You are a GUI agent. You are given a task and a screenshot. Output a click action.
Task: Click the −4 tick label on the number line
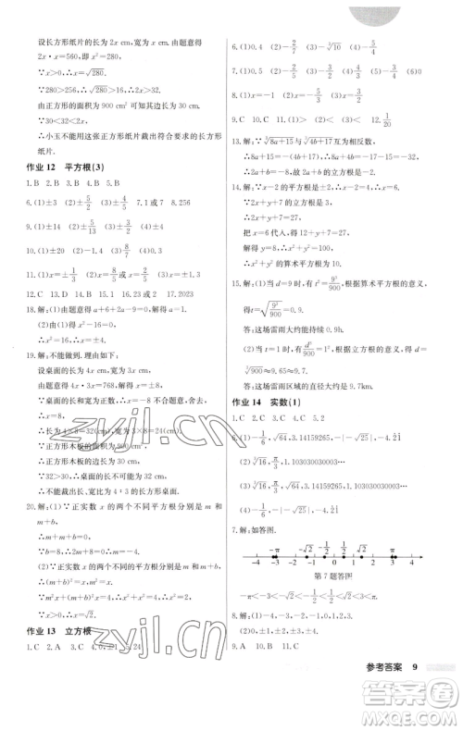pos(256,561)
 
